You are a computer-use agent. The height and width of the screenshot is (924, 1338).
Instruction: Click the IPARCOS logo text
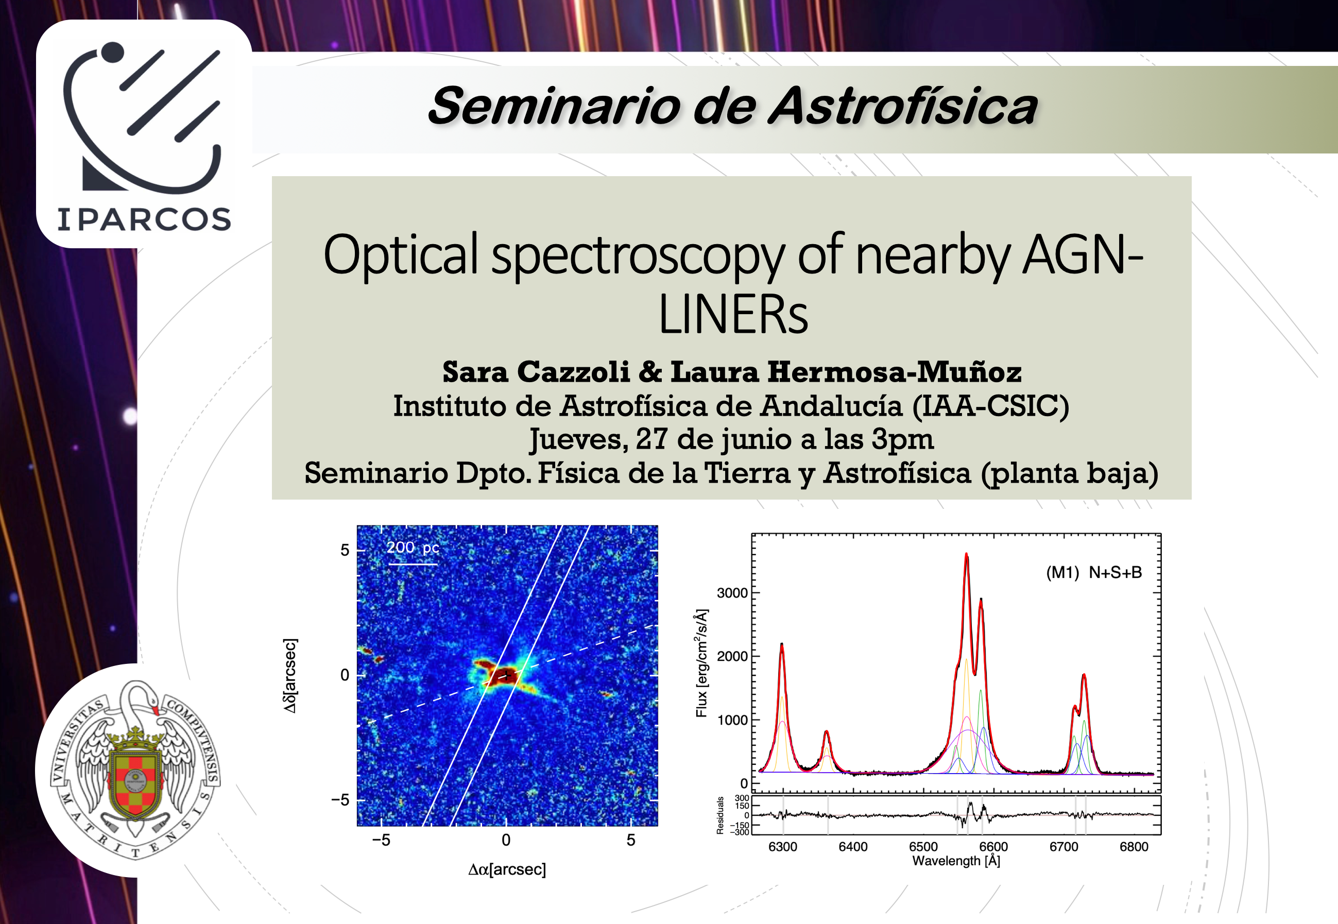(x=144, y=219)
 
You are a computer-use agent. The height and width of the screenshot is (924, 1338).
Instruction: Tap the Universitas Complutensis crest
(x=135, y=770)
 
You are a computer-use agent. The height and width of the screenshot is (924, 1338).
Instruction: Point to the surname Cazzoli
(x=573, y=372)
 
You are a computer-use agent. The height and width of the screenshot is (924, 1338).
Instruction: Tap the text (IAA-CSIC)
(x=990, y=406)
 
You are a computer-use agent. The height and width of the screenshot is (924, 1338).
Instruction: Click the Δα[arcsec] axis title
(x=507, y=869)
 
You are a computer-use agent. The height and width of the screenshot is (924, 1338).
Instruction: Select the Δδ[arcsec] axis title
(x=289, y=676)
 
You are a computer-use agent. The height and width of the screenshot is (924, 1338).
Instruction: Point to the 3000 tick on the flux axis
(x=732, y=593)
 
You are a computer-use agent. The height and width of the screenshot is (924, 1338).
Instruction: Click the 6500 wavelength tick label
(x=923, y=846)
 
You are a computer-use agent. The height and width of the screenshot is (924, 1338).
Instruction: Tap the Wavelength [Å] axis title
(x=956, y=861)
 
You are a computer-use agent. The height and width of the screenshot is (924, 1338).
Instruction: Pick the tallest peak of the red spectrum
(x=966, y=555)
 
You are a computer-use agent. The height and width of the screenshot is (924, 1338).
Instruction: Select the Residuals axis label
(x=720, y=815)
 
